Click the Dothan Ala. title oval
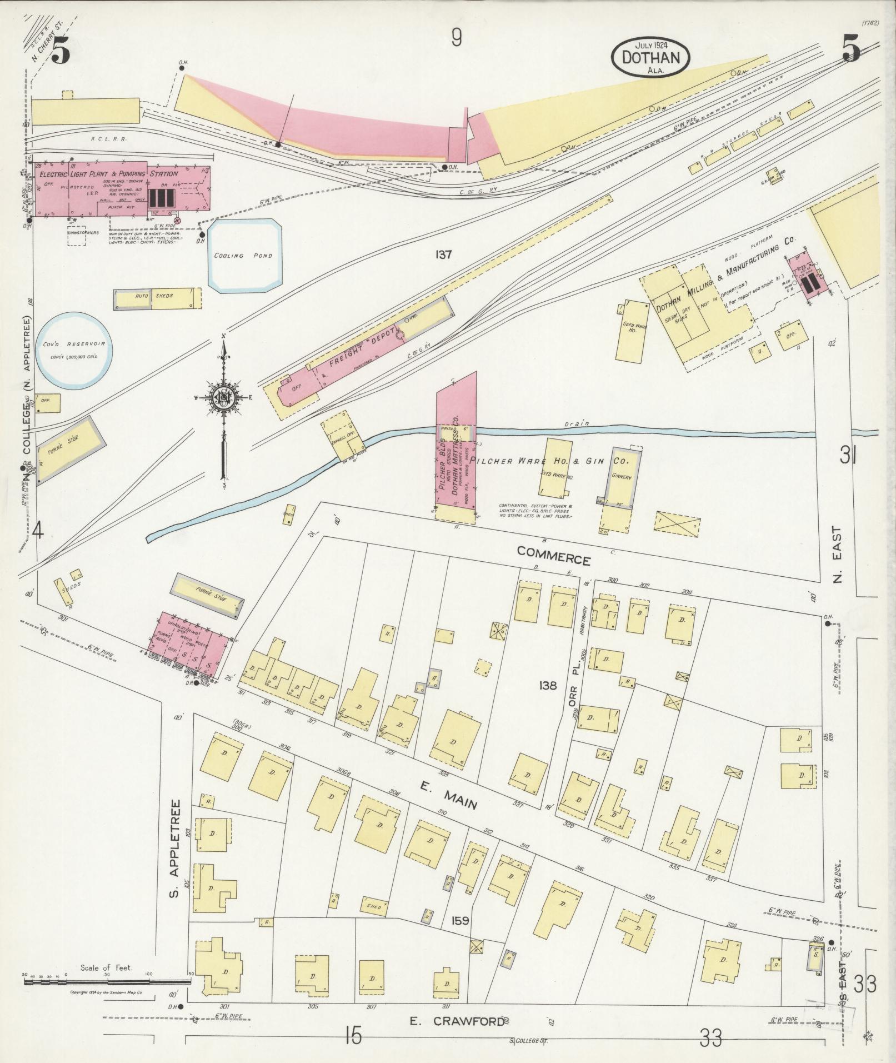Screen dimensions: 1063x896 tap(650, 57)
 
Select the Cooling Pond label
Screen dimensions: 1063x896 tap(243, 256)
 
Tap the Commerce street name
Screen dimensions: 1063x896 tap(553, 556)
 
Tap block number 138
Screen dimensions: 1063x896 tap(547, 686)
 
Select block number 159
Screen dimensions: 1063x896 tap(460, 920)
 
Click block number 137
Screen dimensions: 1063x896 tap(444, 255)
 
